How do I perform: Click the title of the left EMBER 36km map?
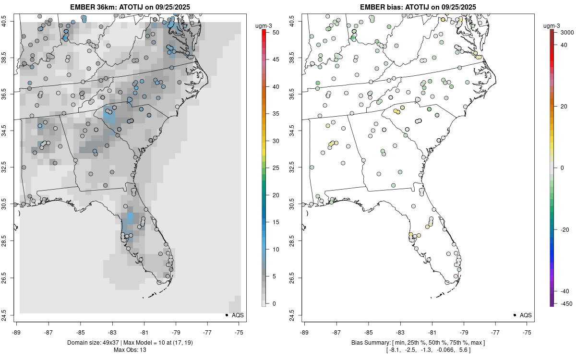pos(130,7)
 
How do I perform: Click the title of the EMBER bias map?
pos(418,7)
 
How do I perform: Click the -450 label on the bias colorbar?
pos(565,303)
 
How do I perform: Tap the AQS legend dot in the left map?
pos(226,315)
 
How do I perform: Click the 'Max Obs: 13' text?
pos(130,350)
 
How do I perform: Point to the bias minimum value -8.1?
pos(395,350)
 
